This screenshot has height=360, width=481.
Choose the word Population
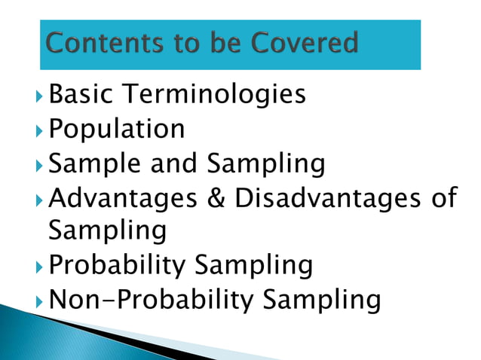point(116,130)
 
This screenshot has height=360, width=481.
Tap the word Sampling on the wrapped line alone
point(107,231)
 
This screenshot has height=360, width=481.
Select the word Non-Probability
point(150,300)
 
